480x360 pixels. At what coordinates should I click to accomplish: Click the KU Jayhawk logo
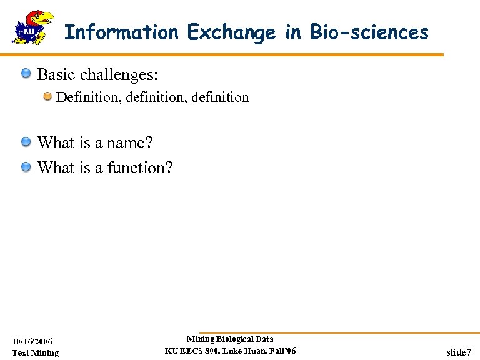point(33,27)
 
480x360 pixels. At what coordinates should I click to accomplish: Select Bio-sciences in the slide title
point(368,32)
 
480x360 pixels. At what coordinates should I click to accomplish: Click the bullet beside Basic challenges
point(26,75)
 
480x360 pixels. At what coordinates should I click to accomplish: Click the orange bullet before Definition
point(48,97)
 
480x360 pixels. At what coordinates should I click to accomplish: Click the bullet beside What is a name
point(26,142)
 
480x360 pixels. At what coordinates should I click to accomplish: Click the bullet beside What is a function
point(26,167)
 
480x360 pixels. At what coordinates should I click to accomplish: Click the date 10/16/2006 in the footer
point(32,341)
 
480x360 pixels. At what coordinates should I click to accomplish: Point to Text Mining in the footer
point(36,353)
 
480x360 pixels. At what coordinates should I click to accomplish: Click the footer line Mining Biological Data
point(230,339)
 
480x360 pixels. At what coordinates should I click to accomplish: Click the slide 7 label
point(459,352)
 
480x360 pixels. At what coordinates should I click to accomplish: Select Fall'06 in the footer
point(282,351)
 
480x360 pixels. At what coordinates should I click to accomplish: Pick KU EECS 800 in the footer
point(189,351)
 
